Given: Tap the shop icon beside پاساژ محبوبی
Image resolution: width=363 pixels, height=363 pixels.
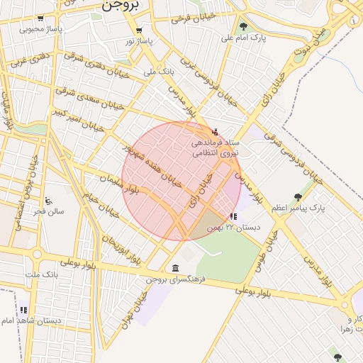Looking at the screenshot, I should [40, 18].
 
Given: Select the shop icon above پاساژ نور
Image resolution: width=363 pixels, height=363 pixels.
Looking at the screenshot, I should [139, 30].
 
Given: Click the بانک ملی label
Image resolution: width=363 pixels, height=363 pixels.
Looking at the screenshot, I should [159, 72].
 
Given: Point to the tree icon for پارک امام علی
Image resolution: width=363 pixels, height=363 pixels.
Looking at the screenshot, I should [243, 27].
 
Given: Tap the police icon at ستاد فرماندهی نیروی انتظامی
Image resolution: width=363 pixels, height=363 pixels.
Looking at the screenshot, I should [216, 131].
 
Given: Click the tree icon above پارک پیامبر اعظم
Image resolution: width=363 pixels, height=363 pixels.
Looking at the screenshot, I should [298, 198].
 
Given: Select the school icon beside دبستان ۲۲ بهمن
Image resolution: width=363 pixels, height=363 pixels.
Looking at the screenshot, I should [233, 216].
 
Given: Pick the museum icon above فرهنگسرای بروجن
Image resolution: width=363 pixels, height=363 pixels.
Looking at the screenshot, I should [175, 268].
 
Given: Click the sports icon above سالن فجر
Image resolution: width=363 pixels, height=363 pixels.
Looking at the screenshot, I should [48, 201].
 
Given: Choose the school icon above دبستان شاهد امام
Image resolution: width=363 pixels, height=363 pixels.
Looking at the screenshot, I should [23, 309].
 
